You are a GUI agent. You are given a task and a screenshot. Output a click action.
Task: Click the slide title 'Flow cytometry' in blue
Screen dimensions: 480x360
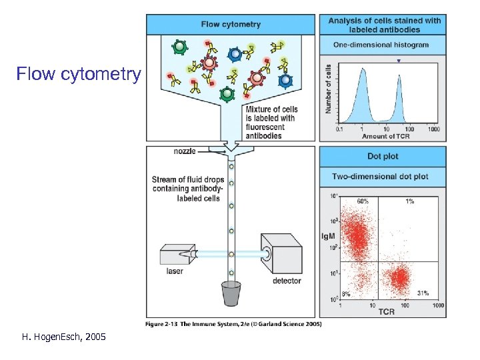79,73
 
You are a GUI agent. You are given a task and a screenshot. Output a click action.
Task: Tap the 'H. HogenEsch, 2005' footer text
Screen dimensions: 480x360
64,338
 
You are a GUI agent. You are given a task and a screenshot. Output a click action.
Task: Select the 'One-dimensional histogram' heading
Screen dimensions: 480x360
381,45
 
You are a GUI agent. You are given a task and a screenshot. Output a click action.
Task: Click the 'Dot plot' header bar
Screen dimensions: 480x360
383,157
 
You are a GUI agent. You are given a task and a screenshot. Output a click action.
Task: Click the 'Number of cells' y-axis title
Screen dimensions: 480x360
328,89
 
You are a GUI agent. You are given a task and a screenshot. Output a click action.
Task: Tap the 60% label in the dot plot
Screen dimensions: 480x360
363,200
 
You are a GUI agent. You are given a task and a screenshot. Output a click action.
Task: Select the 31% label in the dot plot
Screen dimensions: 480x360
423,293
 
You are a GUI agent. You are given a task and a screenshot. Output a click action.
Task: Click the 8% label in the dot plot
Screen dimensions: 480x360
346,293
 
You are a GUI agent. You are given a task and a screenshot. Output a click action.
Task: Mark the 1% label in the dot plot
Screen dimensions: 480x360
409,200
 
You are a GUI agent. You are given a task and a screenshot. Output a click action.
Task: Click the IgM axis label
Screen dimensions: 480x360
328,236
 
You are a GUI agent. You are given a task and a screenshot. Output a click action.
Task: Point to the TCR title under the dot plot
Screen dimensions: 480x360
387,311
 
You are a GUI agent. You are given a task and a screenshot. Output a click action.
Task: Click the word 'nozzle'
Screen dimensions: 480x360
185,151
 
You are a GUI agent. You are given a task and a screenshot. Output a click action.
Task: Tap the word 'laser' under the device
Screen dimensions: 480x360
175,271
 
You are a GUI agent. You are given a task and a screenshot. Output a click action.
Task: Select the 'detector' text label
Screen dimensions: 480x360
287,281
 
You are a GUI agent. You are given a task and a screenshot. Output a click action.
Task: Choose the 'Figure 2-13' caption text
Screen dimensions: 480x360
233,324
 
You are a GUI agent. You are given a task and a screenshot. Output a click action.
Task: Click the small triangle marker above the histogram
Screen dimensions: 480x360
399,61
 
